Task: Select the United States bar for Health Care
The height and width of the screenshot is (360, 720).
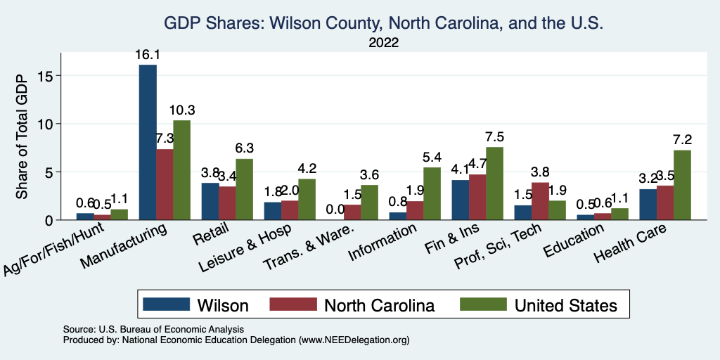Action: click(x=682, y=185)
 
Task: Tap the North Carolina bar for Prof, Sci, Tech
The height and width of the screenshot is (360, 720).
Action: click(x=540, y=201)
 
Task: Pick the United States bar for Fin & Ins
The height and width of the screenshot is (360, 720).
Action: click(x=495, y=184)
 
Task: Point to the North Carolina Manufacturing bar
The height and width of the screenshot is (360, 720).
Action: click(x=165, y=184)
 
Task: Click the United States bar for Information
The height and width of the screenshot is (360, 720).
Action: click(x=432, y=193)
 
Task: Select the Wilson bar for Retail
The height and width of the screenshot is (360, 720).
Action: click(x=210, y=201)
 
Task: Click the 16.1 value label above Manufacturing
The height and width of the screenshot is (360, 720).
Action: click(x=148, y=55)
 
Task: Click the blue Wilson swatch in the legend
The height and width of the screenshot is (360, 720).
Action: click(x=167, y=305)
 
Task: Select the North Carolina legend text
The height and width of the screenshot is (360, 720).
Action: click(x=379, y=305)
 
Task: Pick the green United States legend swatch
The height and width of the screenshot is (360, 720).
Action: click(x=482, y=305)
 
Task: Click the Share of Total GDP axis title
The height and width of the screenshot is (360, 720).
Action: click(x=22, y=136)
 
